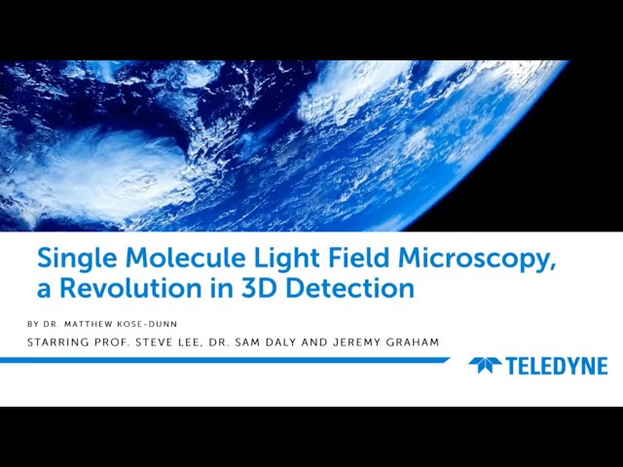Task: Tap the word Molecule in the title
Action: point(167,259)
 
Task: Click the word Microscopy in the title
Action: point(447,260)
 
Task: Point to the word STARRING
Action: point(60,341)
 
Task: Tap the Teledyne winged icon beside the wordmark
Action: point(485,366)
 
